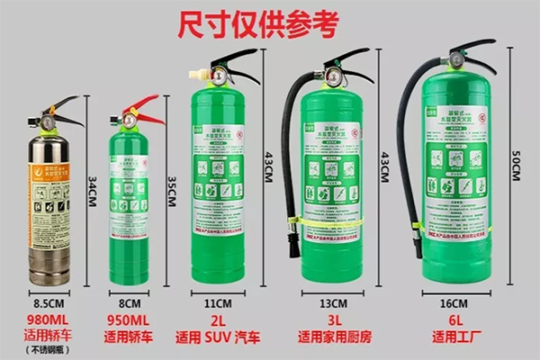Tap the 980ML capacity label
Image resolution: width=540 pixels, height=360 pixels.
tap(46, 319)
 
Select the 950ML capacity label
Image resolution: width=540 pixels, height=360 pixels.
tap(129, 319)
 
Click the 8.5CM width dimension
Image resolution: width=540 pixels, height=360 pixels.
tap(47, 303)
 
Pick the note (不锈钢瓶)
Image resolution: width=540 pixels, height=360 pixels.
tap(46, 350)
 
